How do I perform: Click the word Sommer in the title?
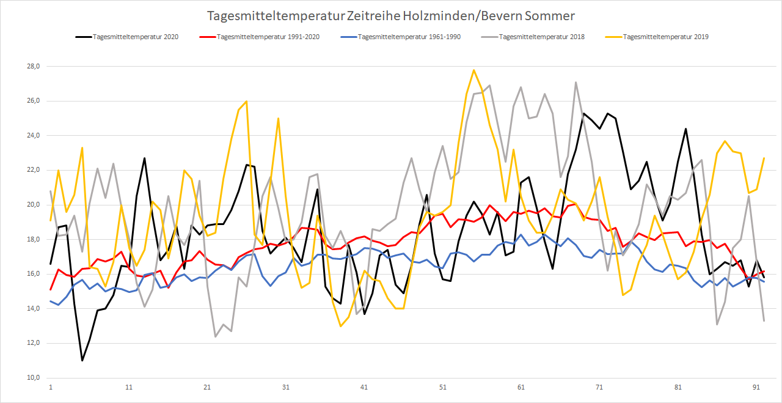pos(553,14)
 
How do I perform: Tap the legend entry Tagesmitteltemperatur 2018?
pos(542,37)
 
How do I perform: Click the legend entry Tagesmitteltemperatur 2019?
pos(665,37)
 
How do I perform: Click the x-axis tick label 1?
pos(50,388)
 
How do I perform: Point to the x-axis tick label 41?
pos(364,388)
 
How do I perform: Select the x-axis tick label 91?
pos(756,388)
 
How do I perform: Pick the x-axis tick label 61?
pos(521,388)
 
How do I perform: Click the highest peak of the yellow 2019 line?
pos(474,70)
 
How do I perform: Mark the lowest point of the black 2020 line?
pos(82,360)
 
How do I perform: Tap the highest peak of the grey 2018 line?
pos(576,83)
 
